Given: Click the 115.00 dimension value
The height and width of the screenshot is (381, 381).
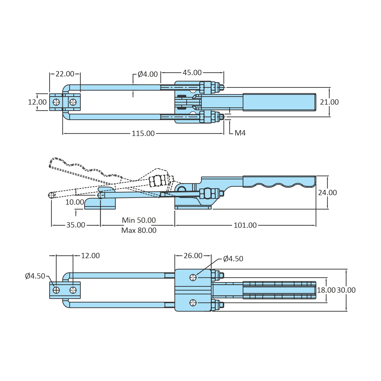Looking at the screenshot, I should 143,134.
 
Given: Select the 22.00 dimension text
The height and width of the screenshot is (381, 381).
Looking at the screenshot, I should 65,74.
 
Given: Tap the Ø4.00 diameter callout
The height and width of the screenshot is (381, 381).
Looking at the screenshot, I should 147,74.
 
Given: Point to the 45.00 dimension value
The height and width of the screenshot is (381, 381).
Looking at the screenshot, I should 192,73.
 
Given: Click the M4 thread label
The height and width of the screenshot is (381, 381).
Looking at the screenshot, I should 240,133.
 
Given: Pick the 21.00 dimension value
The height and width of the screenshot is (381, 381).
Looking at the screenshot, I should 329,102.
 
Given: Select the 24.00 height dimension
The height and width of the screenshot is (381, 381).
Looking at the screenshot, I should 327,193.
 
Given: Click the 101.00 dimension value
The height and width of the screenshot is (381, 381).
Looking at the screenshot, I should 245,225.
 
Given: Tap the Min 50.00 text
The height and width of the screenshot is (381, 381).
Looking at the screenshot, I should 139,220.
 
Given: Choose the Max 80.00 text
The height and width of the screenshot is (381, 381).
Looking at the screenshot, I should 139,230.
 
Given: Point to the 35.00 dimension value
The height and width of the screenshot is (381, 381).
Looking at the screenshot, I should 76,225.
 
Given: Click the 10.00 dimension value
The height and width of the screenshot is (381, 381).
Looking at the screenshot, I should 75,202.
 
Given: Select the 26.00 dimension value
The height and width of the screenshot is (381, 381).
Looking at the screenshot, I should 193,256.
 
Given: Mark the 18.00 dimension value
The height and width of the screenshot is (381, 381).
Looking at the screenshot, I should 326,290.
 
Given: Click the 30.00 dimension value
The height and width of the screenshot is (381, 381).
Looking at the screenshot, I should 346,290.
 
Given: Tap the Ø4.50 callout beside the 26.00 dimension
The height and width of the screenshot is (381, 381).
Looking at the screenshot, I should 233,259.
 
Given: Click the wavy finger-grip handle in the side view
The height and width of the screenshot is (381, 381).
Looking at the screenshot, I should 279,181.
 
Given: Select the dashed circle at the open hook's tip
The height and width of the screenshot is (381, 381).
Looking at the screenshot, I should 52,195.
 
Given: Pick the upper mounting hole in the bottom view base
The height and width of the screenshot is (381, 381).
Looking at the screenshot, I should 193,277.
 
